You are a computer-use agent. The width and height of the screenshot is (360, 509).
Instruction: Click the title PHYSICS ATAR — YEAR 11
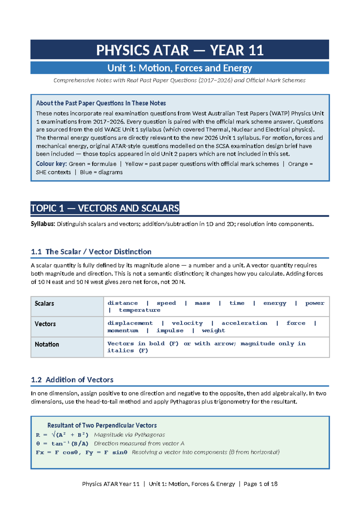pos(180,50)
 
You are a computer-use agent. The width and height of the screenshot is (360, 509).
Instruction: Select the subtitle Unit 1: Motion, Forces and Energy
pos(180,68)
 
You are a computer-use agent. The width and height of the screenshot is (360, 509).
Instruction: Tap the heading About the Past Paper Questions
pos(101,103)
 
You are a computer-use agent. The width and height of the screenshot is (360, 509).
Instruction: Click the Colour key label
pos(51,164)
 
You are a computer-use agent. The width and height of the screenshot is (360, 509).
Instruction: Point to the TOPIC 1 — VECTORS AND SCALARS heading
pos(105,208)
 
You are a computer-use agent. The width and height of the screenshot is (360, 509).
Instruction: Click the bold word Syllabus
pos(43,224)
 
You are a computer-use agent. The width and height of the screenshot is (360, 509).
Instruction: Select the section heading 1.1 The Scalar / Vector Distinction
pos(91,252)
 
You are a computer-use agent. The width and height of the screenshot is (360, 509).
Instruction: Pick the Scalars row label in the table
pos(44,303)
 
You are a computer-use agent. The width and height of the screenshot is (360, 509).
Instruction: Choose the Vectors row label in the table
pos(45,324)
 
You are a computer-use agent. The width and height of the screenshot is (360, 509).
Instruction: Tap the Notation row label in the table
pos(47,344)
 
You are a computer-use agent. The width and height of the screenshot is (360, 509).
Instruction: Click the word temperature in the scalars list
pos(139,310)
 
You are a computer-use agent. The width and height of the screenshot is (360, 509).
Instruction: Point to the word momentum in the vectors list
pos(123,330)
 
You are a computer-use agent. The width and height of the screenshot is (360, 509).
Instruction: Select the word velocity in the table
pos(187,323)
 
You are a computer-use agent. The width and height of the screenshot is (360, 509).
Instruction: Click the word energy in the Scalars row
pos(275,303)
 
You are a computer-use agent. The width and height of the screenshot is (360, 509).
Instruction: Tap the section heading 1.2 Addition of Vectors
pos(72,380)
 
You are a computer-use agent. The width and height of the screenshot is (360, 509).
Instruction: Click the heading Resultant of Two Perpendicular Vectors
pos(102,425)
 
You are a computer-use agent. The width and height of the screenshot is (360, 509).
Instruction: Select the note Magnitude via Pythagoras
pos(129,435)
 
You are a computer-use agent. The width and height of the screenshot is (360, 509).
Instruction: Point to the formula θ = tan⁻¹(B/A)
pos(62,444)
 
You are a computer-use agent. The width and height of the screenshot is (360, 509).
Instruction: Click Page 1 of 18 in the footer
pos(260,484)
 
